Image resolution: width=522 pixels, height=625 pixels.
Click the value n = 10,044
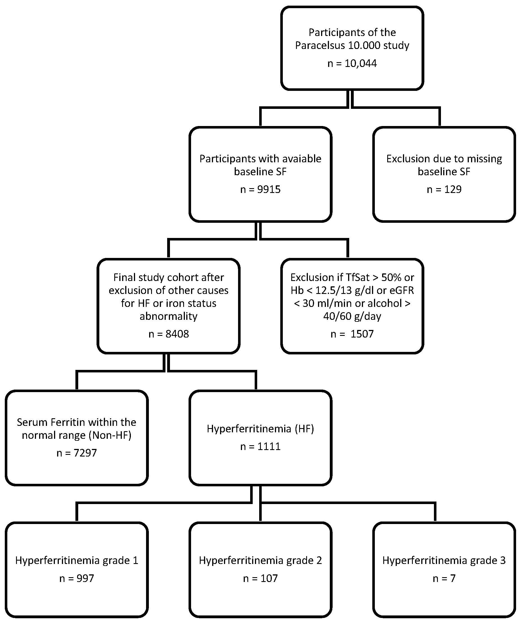[352, 63]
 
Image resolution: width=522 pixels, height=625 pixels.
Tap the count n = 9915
[260, 189]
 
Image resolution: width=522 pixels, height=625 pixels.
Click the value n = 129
[444, 189]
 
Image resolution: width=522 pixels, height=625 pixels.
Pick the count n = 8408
[169, 334]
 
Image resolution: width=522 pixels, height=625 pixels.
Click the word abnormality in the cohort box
[169, 316]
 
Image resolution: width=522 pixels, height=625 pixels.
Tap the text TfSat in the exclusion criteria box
[357, 277]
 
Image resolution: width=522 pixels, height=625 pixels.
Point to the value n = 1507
[352, 334]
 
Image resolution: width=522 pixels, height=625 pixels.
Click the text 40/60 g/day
[352, 316]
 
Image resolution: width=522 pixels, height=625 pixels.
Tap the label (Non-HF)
[110, 435]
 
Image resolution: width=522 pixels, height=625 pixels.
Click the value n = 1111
[260, 446]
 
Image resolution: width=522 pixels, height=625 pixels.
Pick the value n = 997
[77, 578]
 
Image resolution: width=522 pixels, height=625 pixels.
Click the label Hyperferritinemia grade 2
[260, 560]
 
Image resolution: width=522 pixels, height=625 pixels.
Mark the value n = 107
[260, 578]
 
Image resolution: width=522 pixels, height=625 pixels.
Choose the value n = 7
[444, 578]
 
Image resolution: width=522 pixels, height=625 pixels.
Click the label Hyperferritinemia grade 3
[444, 560]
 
